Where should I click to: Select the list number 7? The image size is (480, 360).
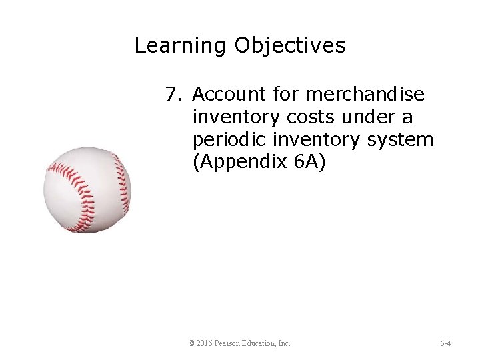[173, 95]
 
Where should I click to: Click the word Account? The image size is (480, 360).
[231, 95]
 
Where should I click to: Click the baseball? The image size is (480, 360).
[87, 190]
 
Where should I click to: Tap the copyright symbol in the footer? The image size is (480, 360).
[191, 343]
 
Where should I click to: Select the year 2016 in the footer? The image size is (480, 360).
[204, 343]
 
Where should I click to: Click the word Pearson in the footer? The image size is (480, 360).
[229, 343]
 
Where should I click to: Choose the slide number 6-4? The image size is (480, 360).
[445, 343]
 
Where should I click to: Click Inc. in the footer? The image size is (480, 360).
[284, 343]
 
